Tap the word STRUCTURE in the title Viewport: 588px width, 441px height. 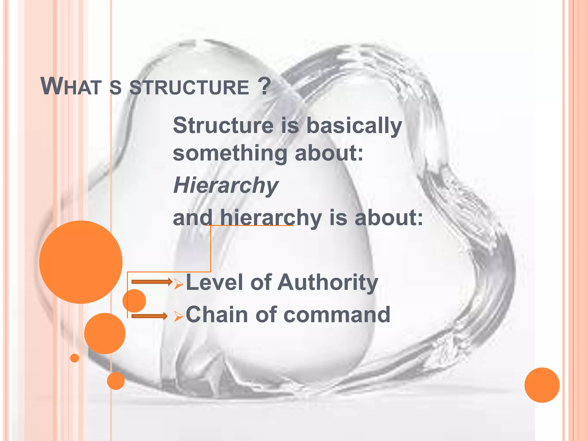pyautogui.click(x=189, y=87)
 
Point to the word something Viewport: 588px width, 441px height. pyautogui.click(x=230, y=154)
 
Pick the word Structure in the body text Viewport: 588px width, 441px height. pyautogui.click(x=223, y=126)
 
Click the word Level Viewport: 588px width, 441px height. pyautogui.click(x=216, y=283)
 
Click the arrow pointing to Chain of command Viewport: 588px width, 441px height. pyautogui.click(x=149, y=316)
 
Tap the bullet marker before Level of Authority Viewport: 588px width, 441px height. pyautogui.click(x=179, y=284)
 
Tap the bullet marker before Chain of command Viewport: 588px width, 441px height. pyautogui.click(x=179, y=317)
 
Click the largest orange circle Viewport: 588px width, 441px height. pyautogui.click(x=81, y=262)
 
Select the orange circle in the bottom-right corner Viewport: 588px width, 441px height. pyautogui.click(x=542, y=385)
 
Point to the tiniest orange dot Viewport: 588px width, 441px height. pyautogui.click(x=75, y=358)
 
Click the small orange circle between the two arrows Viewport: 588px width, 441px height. pyautogui.click(x=134, y=301)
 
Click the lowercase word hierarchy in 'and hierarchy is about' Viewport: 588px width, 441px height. pyautogui.click(x=271, y=218)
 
